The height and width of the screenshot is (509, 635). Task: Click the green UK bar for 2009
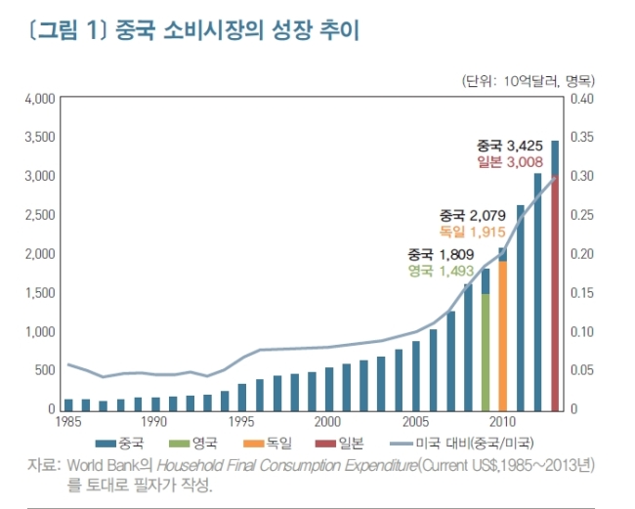pyautogui.click(x=486, y=353)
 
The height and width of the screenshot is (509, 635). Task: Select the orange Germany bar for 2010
pyautogui.click(x=502, y=336)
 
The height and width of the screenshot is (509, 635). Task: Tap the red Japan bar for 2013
pyautogui.click(x=555, y=293)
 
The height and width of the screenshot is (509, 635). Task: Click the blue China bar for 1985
pyautogui.click(x=68, y=404)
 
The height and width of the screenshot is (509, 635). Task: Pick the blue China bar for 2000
pyautogui.click(x=329, y=389)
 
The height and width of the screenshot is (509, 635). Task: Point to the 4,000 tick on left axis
pyautogui.click(x=40, y=99)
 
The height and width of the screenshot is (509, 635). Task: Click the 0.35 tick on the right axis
pyautogui.click(x=582, y=137)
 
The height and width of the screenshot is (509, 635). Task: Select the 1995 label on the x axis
pyautogui.click(x=241, y=422)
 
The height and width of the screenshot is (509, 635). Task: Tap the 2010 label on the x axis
pyautogui.click(x=502, y=422)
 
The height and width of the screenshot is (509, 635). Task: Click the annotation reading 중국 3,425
pyautogui.click(x=509, y=146)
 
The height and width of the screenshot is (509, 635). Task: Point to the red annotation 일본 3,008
pyautogui.click(x=509, y=162)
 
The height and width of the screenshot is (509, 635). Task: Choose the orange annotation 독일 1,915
pyautogui.click(x=472, y=232)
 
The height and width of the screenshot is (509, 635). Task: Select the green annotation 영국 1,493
pyautogui.click(x=441, y=271)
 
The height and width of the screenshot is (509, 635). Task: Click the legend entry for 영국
pyautogui.click(x=192, y=444)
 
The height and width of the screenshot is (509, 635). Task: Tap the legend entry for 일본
pyautogui.click(x=339, y=444)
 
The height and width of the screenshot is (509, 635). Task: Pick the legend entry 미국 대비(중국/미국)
pyautogui.click(x=462, y=444)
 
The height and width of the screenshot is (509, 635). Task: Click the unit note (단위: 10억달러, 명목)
pyautogui.click(x=529, y=81)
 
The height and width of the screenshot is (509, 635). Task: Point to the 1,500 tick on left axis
pyautogui.click(x=40, y=293)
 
